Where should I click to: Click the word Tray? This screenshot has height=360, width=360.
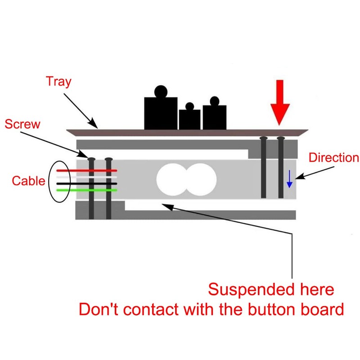click(58, 81)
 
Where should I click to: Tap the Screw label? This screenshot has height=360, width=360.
click(22, 124)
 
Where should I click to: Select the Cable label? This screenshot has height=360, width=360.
click(28, 181)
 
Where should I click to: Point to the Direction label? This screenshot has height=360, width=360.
click(334, 158)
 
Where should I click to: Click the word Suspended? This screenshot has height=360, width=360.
click(252, 289)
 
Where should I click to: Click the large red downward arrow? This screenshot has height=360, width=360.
click(280, 103)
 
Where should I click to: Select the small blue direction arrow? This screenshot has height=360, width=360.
click(289, 179)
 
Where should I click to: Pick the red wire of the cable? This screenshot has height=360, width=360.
click(87, 171)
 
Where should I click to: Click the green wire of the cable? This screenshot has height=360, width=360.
click(87, 190)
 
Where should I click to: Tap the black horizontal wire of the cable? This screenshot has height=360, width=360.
click(87, 184)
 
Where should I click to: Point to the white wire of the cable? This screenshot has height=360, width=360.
click(87, 177)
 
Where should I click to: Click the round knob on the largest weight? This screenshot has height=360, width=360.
click(161, 91)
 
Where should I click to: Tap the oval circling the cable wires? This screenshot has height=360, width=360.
click(49, 181)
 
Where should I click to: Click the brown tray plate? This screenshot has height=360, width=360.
click(187, 132)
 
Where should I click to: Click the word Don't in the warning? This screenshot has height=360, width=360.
click(99, 309)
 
